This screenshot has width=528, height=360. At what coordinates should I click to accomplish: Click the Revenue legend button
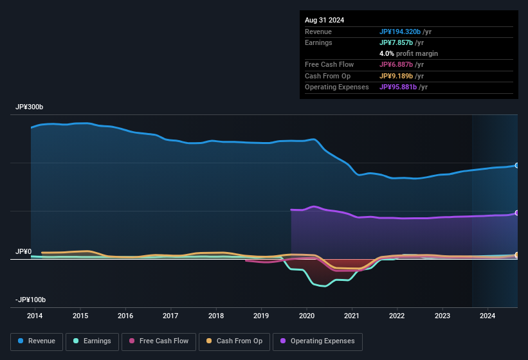click(37, 341)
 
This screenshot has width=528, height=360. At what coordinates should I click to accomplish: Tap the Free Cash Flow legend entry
click(159, 341)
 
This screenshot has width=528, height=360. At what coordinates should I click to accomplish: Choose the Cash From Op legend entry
click(235, 341)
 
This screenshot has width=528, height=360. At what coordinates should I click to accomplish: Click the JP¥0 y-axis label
click(24, 251)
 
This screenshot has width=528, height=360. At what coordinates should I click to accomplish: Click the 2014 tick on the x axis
click(35, 316)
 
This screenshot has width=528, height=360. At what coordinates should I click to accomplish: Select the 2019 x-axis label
click(261, 316)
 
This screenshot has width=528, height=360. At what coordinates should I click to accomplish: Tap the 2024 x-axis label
click(487, 316)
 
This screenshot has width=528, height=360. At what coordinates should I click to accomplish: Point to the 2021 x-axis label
click(352, 316)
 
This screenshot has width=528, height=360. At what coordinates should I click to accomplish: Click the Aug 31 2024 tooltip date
click(324, 20)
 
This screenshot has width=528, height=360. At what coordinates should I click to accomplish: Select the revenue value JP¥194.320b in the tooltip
click(400, 32)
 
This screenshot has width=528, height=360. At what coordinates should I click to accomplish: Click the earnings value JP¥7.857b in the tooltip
click(397, 42)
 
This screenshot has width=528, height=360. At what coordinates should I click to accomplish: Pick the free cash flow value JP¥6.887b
click(397, 65)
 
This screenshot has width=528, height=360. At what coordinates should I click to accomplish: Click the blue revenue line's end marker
click(517, 165)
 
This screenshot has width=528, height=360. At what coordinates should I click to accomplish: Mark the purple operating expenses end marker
click(517, 213)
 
